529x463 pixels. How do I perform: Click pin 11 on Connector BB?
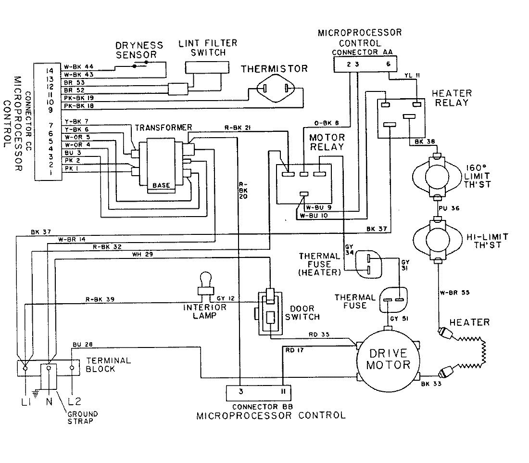[x=283, y=392]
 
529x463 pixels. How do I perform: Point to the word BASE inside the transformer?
[x=161, y=185]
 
